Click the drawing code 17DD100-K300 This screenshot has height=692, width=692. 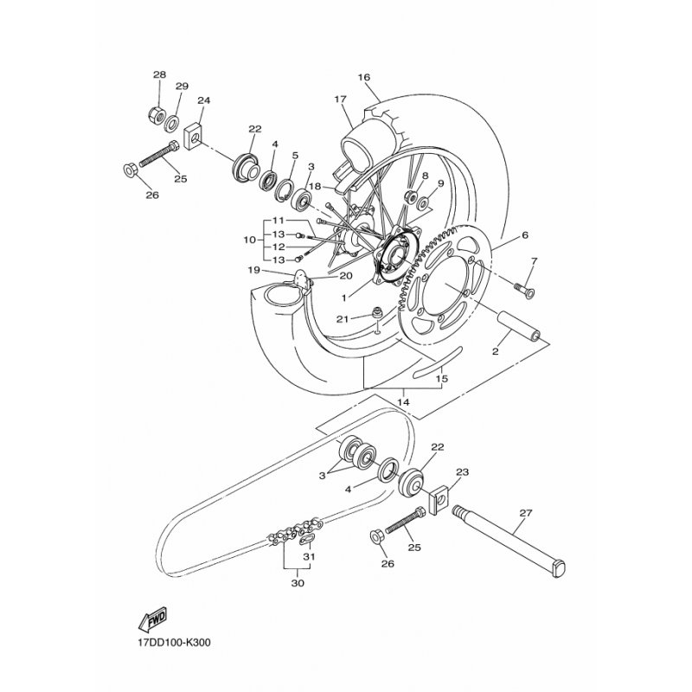pos(175,643)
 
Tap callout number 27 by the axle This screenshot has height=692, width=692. pos(526,513)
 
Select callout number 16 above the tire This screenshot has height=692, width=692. pos(363,77)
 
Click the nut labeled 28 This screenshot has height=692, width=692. pos(157,115)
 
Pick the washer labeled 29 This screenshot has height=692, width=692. pos(171,123)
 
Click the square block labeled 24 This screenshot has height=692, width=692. pos(193,136)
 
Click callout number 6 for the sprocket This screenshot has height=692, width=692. pos(525,235)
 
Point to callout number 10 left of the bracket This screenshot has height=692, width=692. pos(249,240)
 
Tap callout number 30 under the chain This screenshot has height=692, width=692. pos(298,583)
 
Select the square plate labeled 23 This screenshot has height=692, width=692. pos(439,500)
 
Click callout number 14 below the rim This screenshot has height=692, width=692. pos(403,402)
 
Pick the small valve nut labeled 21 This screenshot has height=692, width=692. pos(377,312)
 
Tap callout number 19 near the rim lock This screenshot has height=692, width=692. pos(253,270)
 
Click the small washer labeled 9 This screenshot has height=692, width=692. pos(423,203)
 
